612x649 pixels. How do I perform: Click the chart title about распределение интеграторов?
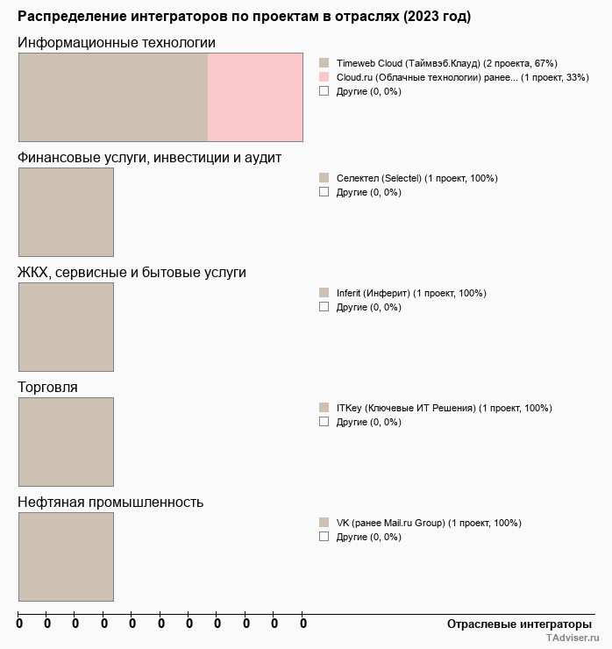click(244, 17)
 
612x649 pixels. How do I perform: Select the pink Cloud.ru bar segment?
click(255, 96)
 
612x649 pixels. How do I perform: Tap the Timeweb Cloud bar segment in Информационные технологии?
click(113, 96)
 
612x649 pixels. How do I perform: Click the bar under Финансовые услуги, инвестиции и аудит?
click(66, 211)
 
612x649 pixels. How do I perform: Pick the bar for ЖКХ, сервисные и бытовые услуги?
click(66, 326)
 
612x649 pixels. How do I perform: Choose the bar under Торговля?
click(66, 441)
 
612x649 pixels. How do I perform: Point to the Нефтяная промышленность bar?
click(66, 556)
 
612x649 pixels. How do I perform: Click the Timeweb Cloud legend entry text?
click(446, 63)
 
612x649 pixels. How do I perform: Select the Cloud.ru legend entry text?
click(462, 77)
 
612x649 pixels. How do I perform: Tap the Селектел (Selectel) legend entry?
click(416, 178)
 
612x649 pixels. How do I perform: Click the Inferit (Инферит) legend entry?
click(410, 293)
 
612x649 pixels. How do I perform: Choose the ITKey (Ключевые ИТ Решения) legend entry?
click(444, 408)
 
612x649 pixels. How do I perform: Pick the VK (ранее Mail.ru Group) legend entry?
click(428, 523)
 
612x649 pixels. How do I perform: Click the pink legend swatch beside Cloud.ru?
click(324, 77)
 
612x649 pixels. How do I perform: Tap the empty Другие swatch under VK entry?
click(324, 536)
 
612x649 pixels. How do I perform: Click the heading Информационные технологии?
click(117, 43)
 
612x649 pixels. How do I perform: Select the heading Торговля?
click(47, 387)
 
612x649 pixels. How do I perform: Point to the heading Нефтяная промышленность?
click(110, 502)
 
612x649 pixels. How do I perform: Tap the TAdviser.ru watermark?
click(573, 639)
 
